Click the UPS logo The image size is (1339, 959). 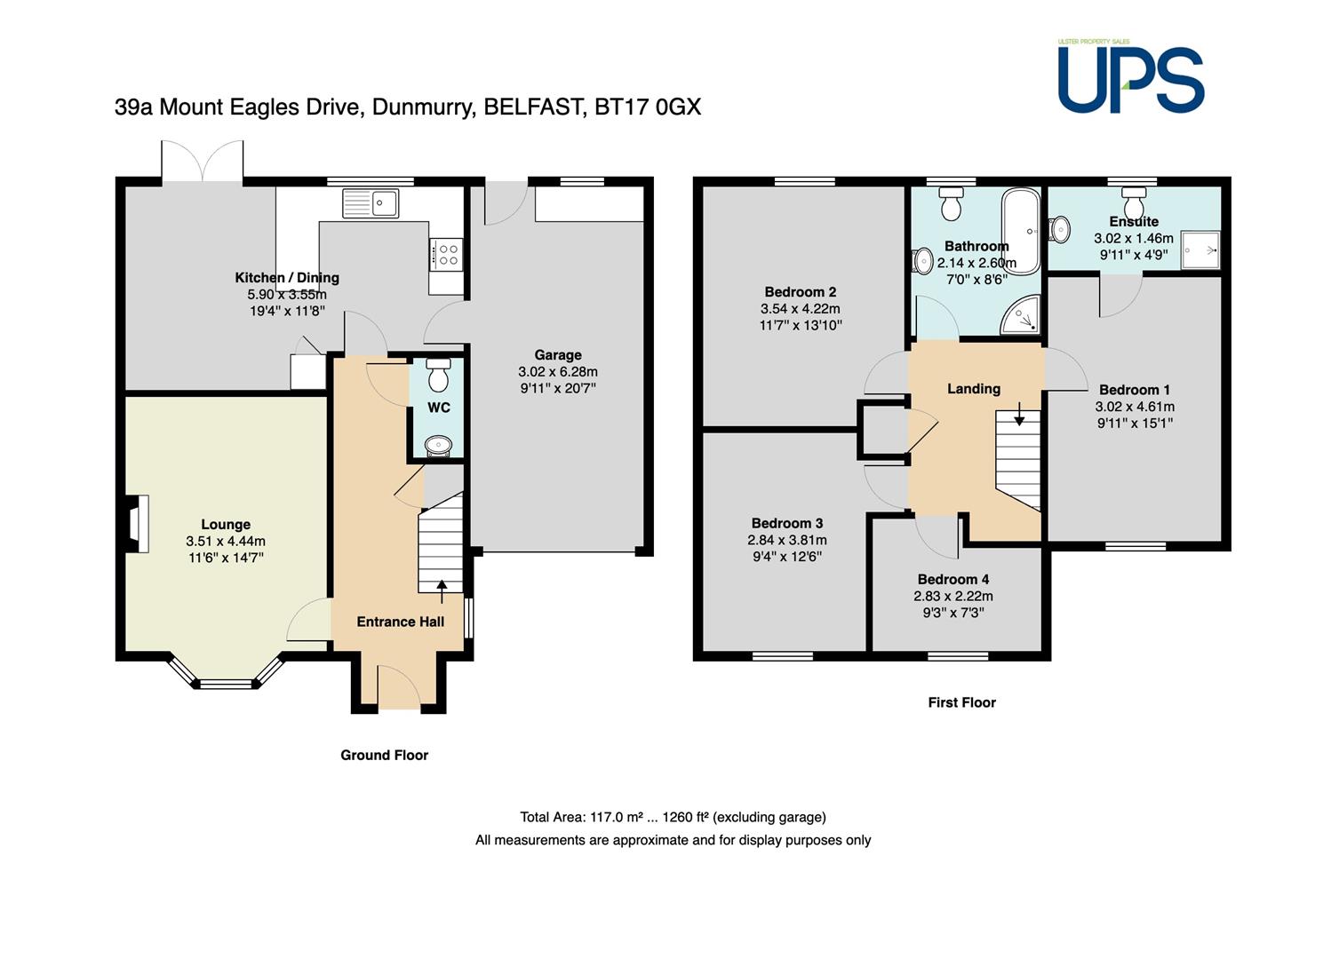coord(1130,75)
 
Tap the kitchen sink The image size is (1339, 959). coord(370,203)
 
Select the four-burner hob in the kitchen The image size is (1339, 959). coord(446,254)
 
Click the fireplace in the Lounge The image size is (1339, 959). coord(137,524)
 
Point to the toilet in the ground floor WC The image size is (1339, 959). coord(439,374)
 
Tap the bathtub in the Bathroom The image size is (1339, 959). coord(1022,232)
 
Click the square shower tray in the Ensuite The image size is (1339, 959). coord(1200,250)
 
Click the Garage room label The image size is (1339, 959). coord(558,355)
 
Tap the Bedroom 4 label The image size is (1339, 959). coord(953,579)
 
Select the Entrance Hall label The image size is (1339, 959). coord(401,622)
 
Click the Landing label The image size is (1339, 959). coord(974,389)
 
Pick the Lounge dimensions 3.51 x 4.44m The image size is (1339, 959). coord(226,541)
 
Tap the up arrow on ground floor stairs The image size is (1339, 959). coord(442,591)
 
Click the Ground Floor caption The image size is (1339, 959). coord(385,756)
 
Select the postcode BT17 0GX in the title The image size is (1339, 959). coord(648,107)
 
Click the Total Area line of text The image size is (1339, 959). coord(673,817)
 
